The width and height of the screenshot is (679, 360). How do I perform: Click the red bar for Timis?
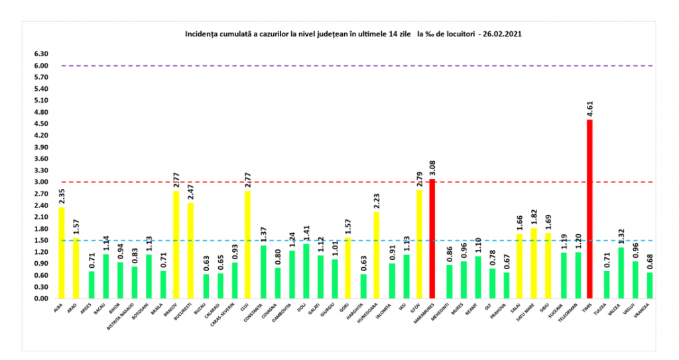(x=589, y=209)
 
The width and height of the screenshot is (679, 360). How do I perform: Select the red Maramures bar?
(x=432, y=239)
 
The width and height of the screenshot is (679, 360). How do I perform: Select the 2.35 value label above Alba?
(x=62, y=196)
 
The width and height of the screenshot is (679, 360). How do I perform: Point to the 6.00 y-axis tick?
(x=41, y=66)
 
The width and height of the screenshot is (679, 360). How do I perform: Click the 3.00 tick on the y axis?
(x=41, y=182)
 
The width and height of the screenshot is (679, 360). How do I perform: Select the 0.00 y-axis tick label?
(x=41, y=298)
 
